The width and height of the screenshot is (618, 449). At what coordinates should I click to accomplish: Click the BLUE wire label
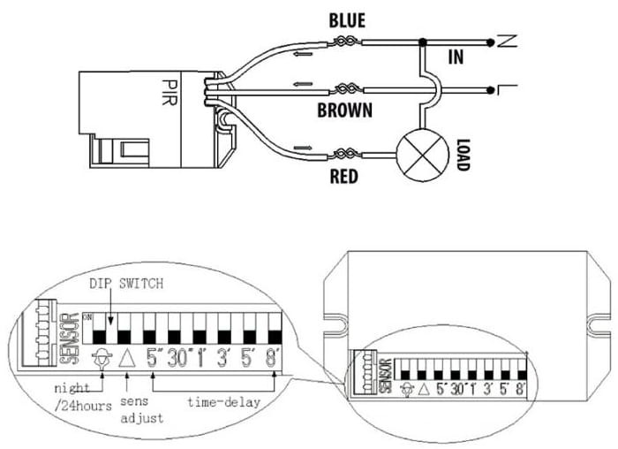(x=346, y=19)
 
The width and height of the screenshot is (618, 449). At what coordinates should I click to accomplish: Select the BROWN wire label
(x=344, y=111)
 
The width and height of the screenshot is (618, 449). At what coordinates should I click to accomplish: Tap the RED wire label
(x=343, y=177)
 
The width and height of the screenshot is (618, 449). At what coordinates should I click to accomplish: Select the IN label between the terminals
(x=456, y=58)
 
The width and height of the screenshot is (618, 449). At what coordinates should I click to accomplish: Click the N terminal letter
(x=504, y=40)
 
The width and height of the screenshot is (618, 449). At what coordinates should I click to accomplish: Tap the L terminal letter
(x=503, y=88)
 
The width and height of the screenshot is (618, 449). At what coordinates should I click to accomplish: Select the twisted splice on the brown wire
(x=347, y=88)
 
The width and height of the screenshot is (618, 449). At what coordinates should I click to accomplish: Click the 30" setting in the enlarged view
(x=180, y=358)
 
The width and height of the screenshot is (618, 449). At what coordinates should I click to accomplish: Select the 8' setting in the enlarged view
(x=275, y=358)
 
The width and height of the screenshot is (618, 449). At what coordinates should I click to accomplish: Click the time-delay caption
(x=223, y=402)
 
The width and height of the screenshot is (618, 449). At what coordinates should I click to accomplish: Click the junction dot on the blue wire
(x=425, y=41)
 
